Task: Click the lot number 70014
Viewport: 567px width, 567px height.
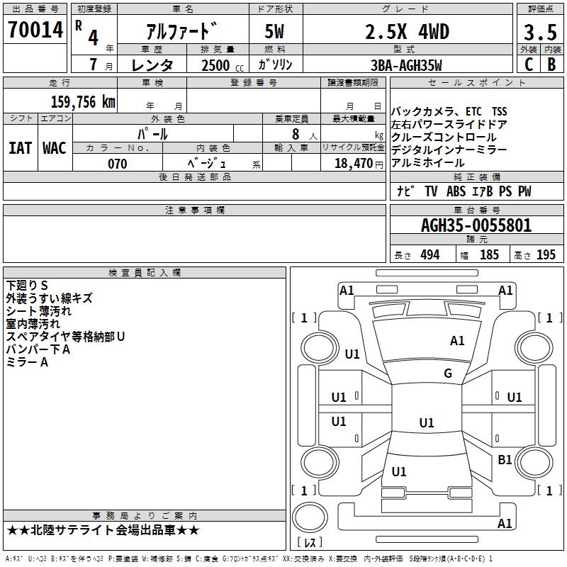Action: pyautogui.click(x=35, y=30)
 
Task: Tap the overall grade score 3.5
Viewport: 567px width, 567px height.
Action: pyautogui.click(x=540, y=32)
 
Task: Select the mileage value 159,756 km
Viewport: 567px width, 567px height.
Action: pyautogui.click(x=83, y=102)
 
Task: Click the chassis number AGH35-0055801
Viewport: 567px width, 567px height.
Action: pyautogui.click(x=476, y=225)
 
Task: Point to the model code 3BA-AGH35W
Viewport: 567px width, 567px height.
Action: pyautogui.click(x=406, y=65)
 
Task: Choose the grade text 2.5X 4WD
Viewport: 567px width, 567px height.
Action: pyautogui.click(x=407, y=32)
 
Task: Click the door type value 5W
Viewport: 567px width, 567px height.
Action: pyautogui.click(x=274, y=31)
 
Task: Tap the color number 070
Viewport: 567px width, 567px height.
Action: pyautogui.click(x=118, y=164)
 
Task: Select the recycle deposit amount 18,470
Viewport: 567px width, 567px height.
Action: pyautogui.click(x=354, y=164)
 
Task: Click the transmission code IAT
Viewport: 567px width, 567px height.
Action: pyautogui.click(x=20, y=148)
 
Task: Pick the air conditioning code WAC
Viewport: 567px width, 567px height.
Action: pyautogui.click(x=55, y=148)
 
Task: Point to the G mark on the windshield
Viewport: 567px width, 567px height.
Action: pyautogui.click(x=448, y=373)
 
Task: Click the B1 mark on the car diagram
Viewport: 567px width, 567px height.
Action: pyautogui.click(x=505, y=459)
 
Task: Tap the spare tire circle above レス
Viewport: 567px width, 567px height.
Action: pyautogui.click(x=310, y=517)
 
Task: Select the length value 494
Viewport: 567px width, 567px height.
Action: pyautogui.click(x=430, y=254)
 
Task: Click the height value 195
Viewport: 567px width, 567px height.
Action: pyautogui.click(x=546, y=254)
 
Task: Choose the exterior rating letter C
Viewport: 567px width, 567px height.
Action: pyautogui.click(x=529, y=64)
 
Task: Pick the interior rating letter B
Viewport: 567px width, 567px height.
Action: pyautogui.click(x=551, y=64)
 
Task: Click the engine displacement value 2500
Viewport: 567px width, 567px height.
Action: pyautogui.click(x=215, y=65)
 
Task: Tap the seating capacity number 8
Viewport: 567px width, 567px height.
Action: pyautogui.click(x=296, y=134)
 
